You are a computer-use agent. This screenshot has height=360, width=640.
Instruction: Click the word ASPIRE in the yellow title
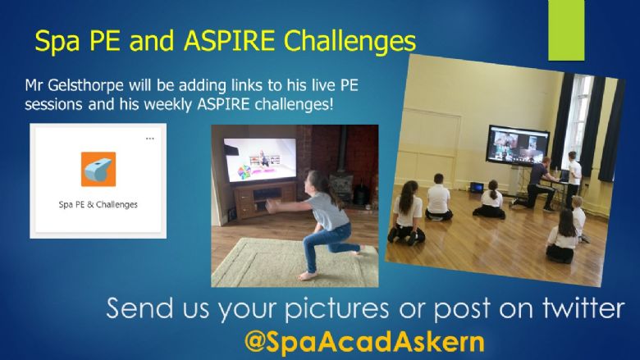[230, 41]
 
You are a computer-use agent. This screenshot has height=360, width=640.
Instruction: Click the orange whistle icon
[98, 169]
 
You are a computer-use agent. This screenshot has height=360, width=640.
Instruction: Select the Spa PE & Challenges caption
[98, 205]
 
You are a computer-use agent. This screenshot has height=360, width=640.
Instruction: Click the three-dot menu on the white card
[150, 139]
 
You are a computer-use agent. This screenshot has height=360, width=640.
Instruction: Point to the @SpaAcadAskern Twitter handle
[364, 342]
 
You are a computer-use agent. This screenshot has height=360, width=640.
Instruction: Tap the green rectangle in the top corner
[566, 30]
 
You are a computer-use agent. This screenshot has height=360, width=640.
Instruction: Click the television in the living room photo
[260, 160]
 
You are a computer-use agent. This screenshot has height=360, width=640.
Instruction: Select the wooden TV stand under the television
[264, 200]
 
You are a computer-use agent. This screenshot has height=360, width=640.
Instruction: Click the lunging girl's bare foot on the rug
[307, 276]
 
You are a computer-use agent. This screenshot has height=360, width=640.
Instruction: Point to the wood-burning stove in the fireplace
[342, 189]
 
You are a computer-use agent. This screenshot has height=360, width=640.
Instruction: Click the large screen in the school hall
[517, 145]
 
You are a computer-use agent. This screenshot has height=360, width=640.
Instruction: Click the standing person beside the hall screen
[574, 176]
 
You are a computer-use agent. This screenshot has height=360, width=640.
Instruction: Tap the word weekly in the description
[168, 104]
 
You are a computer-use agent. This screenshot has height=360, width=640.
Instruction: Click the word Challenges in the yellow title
[350, 42]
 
